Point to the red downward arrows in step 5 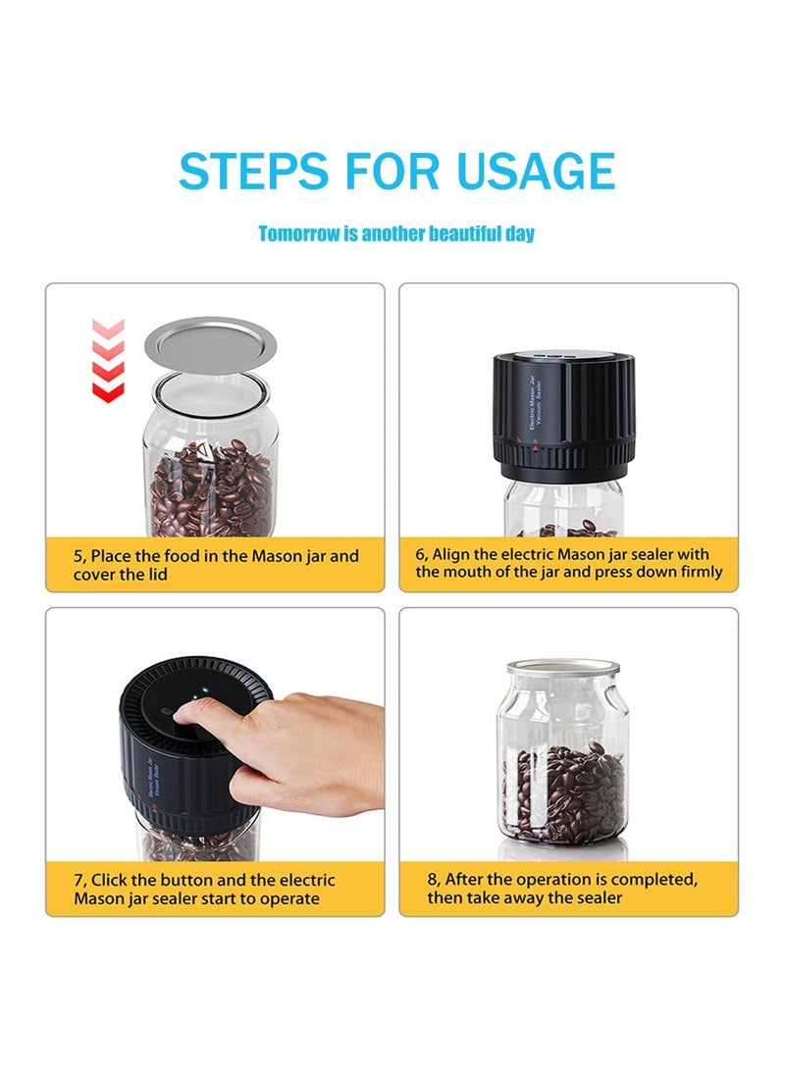(108, 360)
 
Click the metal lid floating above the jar (210, 344)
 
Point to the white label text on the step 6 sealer (536, 400)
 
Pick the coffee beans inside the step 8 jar (564, 792)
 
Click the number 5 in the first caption (78, 556)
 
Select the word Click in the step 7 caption (109, 880)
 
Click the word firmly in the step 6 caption (701, 572)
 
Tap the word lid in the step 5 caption (158, 575)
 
